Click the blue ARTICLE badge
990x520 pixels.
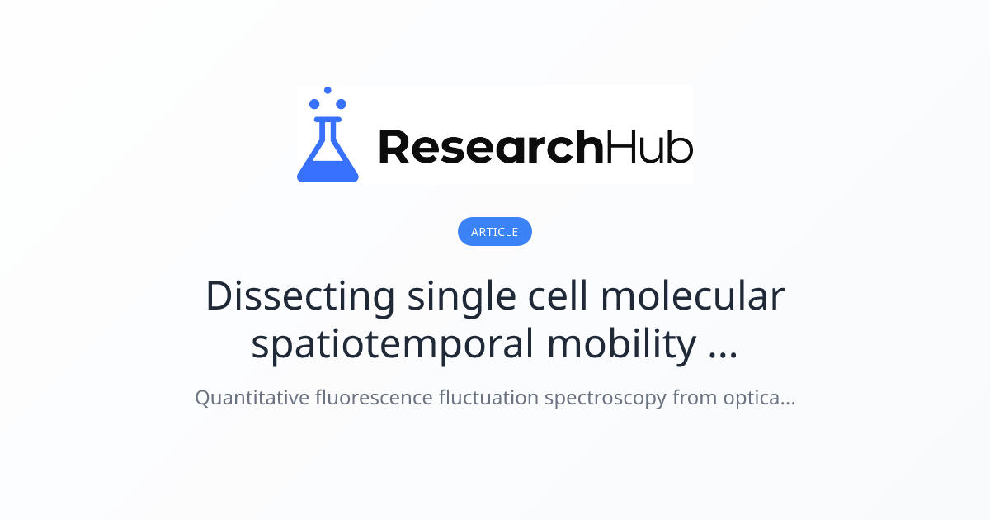pos(495,232)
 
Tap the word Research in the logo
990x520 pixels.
pos(490,147)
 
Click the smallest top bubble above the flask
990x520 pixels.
pos(328,90)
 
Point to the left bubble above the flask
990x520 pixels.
pos(314,104)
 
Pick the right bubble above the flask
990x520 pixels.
pos(341,104)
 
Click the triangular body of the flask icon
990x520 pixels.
pos(328,161)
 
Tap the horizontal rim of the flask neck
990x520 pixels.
pos(328,120)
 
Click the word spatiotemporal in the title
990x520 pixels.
pos(392,346)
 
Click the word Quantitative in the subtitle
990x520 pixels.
pos(251,398)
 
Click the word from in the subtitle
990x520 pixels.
pos(694,398)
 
